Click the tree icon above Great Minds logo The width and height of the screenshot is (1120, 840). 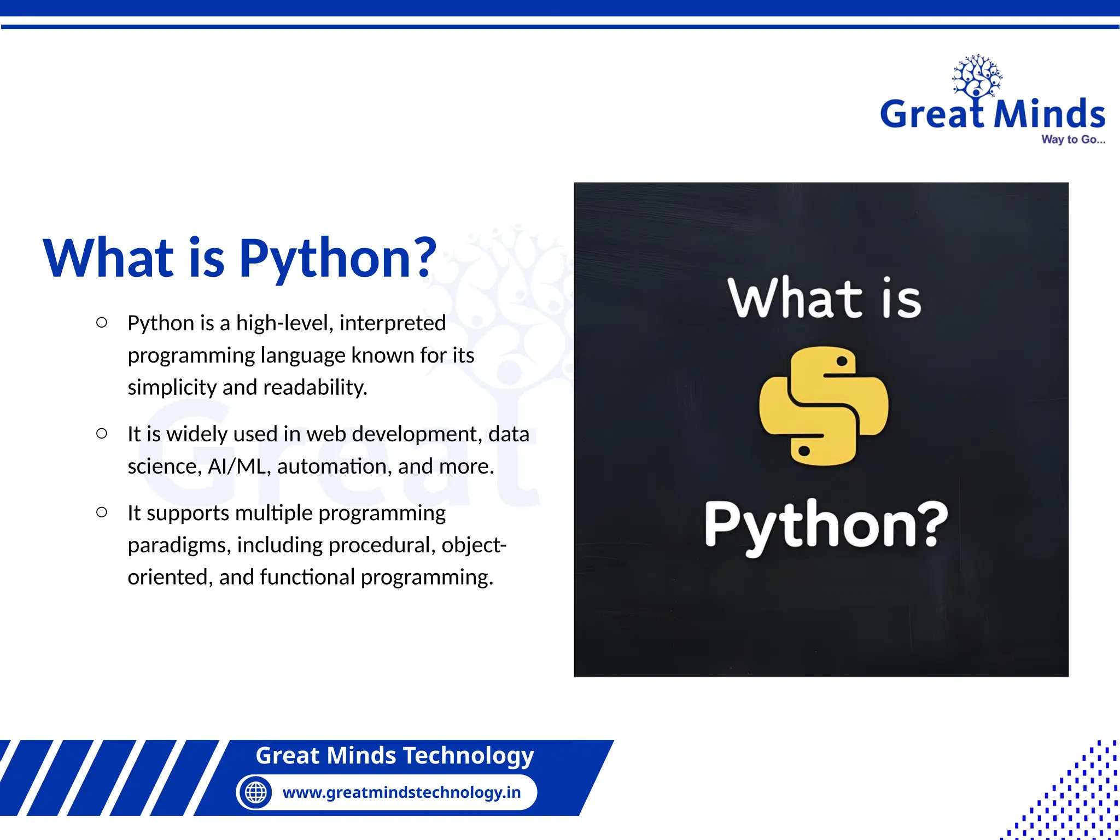pos(977,77)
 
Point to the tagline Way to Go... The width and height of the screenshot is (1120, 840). pos(1072,139)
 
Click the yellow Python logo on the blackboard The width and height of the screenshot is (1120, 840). pos(824,406)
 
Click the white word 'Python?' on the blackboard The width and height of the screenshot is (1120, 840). pos(826,525)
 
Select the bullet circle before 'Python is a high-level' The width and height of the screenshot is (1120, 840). pos(102,323)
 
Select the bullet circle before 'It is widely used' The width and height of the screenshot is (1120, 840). pos(102,434)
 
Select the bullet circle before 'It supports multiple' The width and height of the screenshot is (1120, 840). pos(102,512)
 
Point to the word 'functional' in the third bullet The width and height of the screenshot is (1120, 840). pos(307,577)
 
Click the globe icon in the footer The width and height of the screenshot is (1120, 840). pos(255,792)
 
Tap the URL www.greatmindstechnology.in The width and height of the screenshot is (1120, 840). pos(401,792)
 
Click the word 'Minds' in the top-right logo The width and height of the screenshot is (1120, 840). pos(1049,114)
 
